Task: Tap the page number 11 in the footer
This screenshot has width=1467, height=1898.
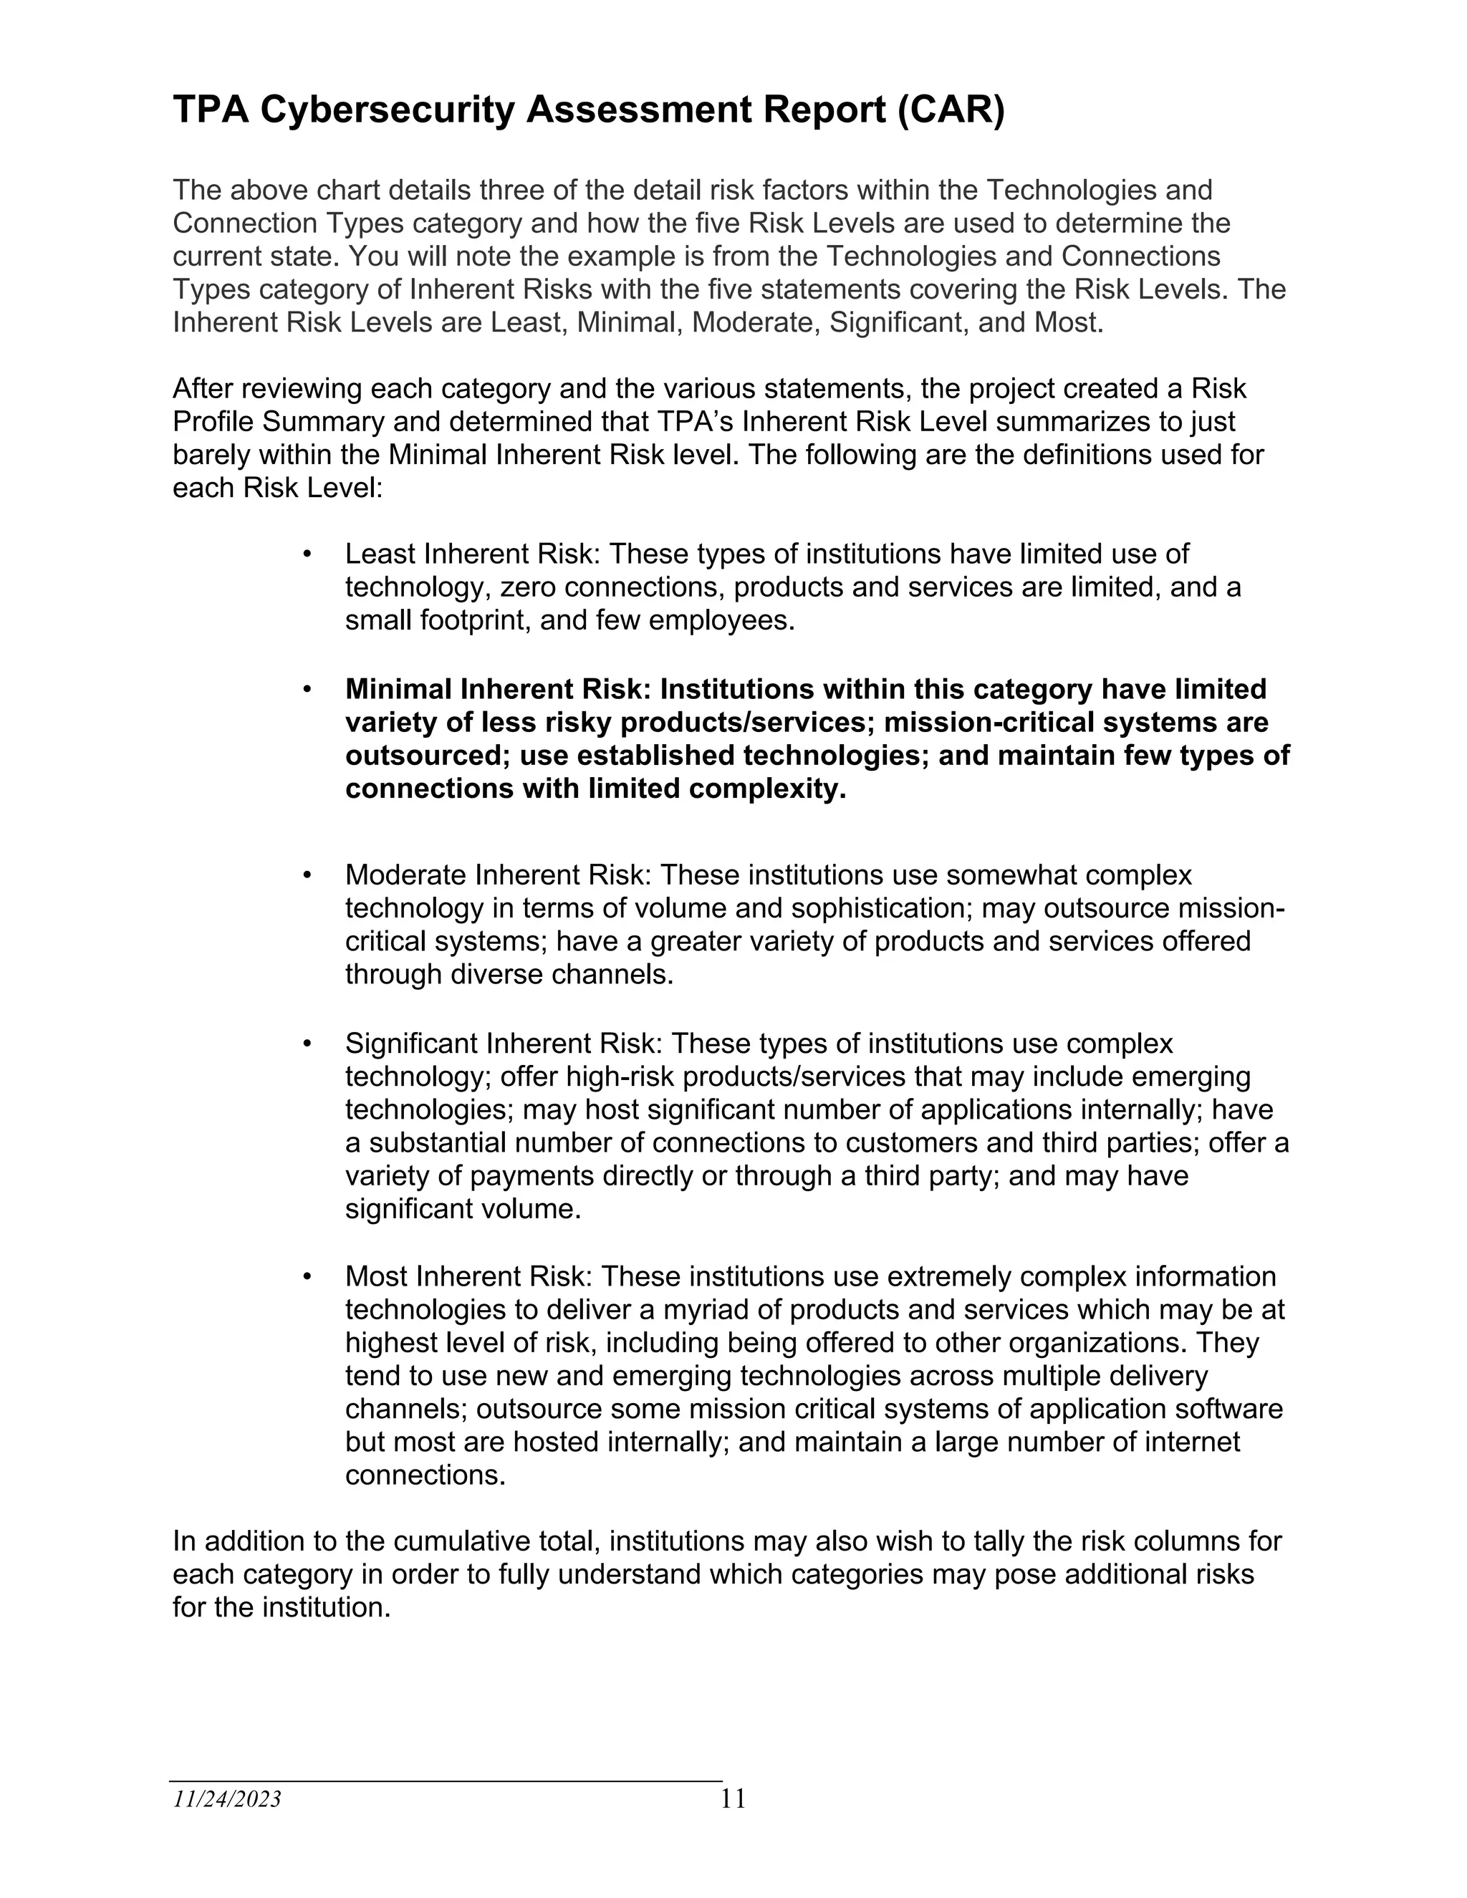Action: (733, 1798)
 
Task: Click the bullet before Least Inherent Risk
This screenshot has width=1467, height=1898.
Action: (307, 554)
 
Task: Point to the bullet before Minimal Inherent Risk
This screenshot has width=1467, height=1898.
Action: (307, 689)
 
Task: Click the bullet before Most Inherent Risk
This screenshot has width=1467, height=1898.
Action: (307, 1276)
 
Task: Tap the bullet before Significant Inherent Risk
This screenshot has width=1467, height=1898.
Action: (307, 1043)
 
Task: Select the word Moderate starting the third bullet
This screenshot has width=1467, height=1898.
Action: (408, 875)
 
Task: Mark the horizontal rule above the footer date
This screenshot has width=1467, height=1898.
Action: (446, 1781)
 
